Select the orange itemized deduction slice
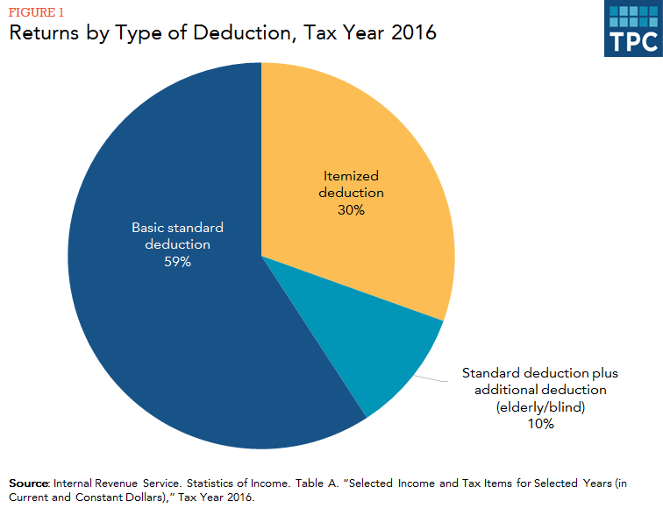(x=368, y=140)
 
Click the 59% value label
(x=177, y=263)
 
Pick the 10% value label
(x=541, y=424)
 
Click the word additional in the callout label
(x=501, y=389)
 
